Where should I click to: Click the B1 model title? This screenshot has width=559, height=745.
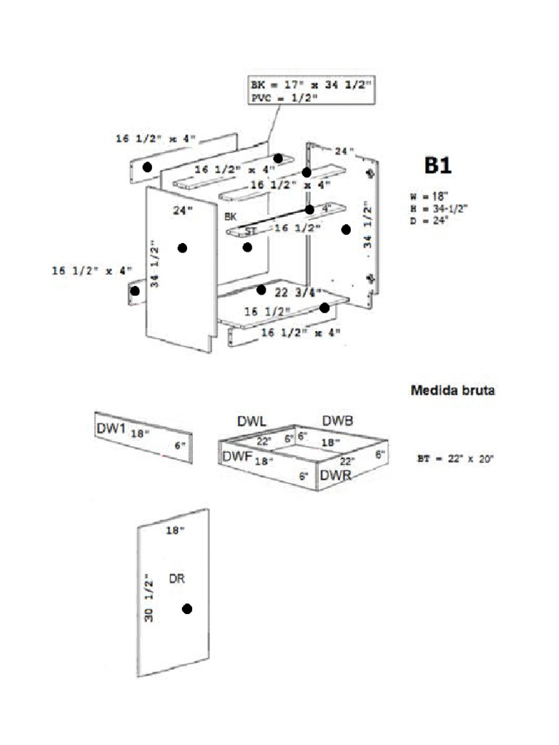coord(438,165)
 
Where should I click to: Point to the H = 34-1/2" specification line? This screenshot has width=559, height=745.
coord(438,209)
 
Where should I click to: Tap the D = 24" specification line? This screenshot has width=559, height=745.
coord(429,220)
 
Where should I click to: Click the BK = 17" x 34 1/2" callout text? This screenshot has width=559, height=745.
coord(311,85)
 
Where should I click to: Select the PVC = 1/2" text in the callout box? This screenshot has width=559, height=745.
coord(284,97)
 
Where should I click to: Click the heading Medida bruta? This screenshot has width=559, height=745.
coord(453,390)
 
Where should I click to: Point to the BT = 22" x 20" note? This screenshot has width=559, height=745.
coord(456,459)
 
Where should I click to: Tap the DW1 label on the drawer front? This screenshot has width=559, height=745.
coord(111,429)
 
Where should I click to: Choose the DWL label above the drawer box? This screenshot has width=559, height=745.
coord(252,422)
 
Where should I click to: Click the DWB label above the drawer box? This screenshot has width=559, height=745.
coord(338,421)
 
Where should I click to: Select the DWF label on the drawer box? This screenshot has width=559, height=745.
coord(237,456)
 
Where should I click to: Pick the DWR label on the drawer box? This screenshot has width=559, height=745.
coord(336,474)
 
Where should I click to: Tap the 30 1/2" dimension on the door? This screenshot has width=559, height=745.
coord(150,597)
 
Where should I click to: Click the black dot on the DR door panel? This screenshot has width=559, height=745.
coord(187,609)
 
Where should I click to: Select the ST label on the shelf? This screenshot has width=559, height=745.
coord(250,231)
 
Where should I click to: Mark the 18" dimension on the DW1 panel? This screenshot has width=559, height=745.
coord(140,433)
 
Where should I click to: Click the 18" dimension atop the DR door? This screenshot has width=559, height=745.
coord(175,531)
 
